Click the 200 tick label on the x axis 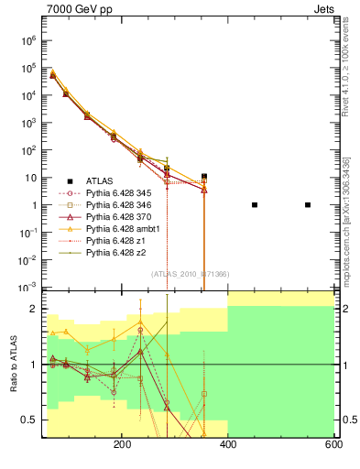(x=122, y=443)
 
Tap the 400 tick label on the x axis (x=227, y=443)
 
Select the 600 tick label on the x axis (x=333, y=443)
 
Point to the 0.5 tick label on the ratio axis (x=29, y=420)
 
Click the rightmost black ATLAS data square (x=308, y=204)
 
